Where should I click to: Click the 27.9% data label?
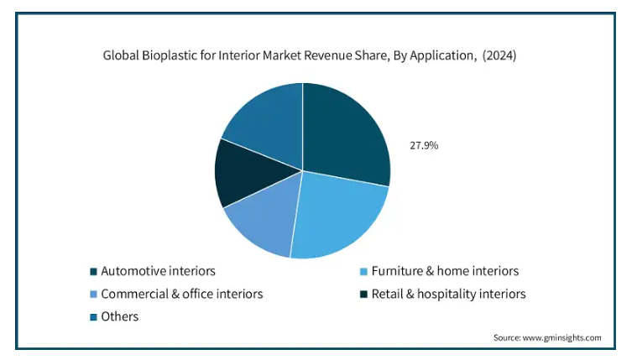[424, 145]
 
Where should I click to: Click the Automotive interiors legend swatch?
[93, 271]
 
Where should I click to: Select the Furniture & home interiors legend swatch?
[364, 271]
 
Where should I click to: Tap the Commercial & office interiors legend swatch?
[93, 295]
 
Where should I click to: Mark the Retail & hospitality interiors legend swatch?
[364, 295]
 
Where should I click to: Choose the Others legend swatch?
[93, 317]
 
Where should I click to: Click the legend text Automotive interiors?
[158, 271]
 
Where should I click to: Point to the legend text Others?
[120, 316]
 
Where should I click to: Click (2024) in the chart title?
[499, 55]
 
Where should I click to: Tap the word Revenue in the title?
[328, 55]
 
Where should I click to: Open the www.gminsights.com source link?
[561, 337]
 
